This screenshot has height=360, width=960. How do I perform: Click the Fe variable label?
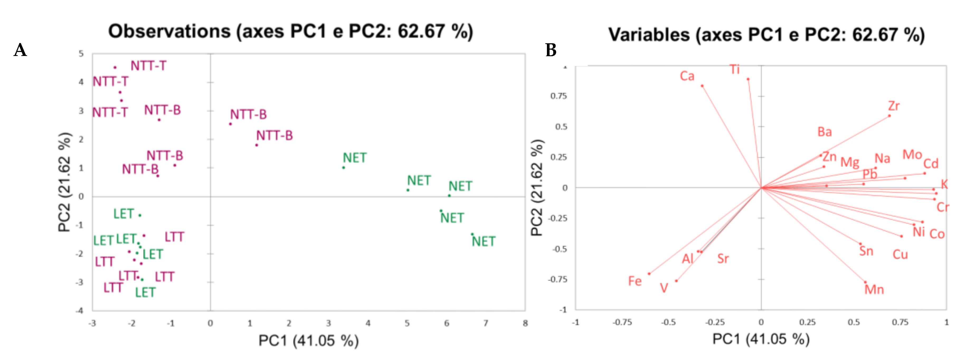coord(635,281)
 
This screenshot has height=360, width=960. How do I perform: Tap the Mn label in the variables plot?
coord(874,290)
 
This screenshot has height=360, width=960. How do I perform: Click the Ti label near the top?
coord(735,70)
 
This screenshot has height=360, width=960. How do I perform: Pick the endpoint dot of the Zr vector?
coord(890,116)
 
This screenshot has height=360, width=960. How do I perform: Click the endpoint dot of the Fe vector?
coord(649,274)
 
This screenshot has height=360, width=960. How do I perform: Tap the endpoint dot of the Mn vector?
coord(865,282)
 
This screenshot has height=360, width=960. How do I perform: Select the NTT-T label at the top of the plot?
coord(148,66)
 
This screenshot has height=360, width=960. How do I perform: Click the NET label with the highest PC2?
coord(354,158)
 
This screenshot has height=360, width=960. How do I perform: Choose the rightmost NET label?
coord(483,241)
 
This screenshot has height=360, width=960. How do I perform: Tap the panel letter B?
coord(551,50)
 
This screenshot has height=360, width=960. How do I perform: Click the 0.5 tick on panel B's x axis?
coord(853,322)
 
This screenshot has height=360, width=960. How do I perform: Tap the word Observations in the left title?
coord(169,31)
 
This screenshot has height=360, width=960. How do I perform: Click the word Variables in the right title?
coord(649,35)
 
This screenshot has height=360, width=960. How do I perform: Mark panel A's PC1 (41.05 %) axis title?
coord(308,341)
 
